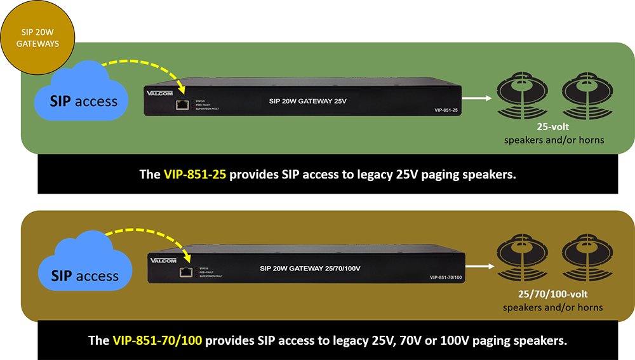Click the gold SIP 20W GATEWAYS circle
point(37,37)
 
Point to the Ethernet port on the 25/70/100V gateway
point(186,272)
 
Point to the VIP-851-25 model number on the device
point(447,110)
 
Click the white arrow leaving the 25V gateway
point(476,98)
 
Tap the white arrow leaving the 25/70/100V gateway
point(481,266)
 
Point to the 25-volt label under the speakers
point(553,128)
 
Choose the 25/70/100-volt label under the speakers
point(552,295)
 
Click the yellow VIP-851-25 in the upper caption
point(191,174)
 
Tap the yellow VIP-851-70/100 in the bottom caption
point(157,340)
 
